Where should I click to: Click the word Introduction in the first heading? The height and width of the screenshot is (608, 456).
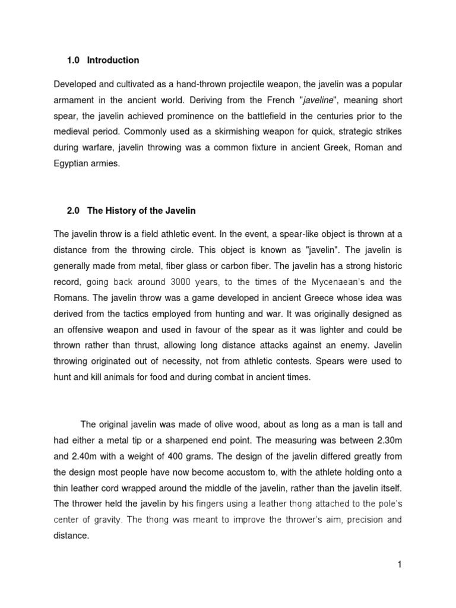(x=113, y=60)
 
